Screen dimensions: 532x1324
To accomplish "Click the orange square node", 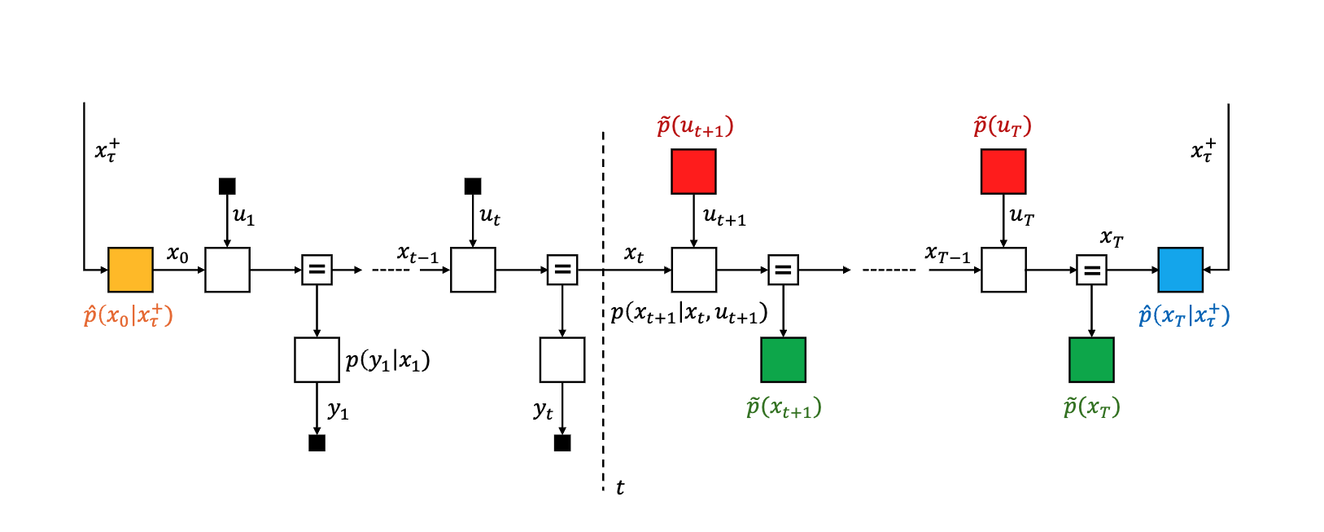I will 130,270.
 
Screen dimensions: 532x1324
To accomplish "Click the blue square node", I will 1180,270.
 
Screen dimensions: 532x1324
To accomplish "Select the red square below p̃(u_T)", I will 1003,171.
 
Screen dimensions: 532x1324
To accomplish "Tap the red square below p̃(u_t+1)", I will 693,171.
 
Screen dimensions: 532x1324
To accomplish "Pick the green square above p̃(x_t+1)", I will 783,360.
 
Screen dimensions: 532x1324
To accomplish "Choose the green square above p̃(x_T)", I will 1091,360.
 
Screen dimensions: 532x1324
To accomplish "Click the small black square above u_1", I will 227,187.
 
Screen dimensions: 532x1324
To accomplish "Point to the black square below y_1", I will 317,443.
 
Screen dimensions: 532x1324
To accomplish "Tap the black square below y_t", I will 562,443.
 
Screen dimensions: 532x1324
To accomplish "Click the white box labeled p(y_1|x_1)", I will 317,360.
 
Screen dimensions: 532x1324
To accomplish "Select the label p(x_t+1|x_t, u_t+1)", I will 689,314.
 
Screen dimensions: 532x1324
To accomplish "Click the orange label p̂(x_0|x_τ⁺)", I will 129,316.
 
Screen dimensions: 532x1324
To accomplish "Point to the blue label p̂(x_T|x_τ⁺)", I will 1184,316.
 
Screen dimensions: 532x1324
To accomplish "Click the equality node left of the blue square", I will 1091,270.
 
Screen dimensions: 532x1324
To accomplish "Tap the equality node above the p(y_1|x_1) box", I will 317,270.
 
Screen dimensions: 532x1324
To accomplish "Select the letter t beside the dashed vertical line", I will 620,488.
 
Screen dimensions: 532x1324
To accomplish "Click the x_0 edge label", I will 177,254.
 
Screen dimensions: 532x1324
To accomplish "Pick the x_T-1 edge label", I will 948,255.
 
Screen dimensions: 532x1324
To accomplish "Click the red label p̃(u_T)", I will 1003,126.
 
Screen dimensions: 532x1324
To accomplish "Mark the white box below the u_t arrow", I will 473,270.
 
